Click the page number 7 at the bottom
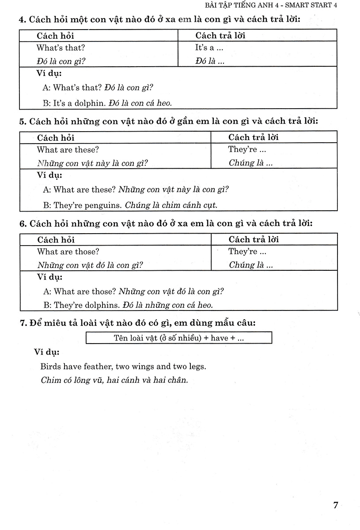[336, 505]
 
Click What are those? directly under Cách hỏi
[68, 252]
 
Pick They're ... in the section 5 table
[247, 149]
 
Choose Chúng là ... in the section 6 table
[250, 265]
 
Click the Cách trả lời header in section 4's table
[220, 36]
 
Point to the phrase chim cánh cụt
[194, 205]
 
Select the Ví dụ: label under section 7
[48, 352]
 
